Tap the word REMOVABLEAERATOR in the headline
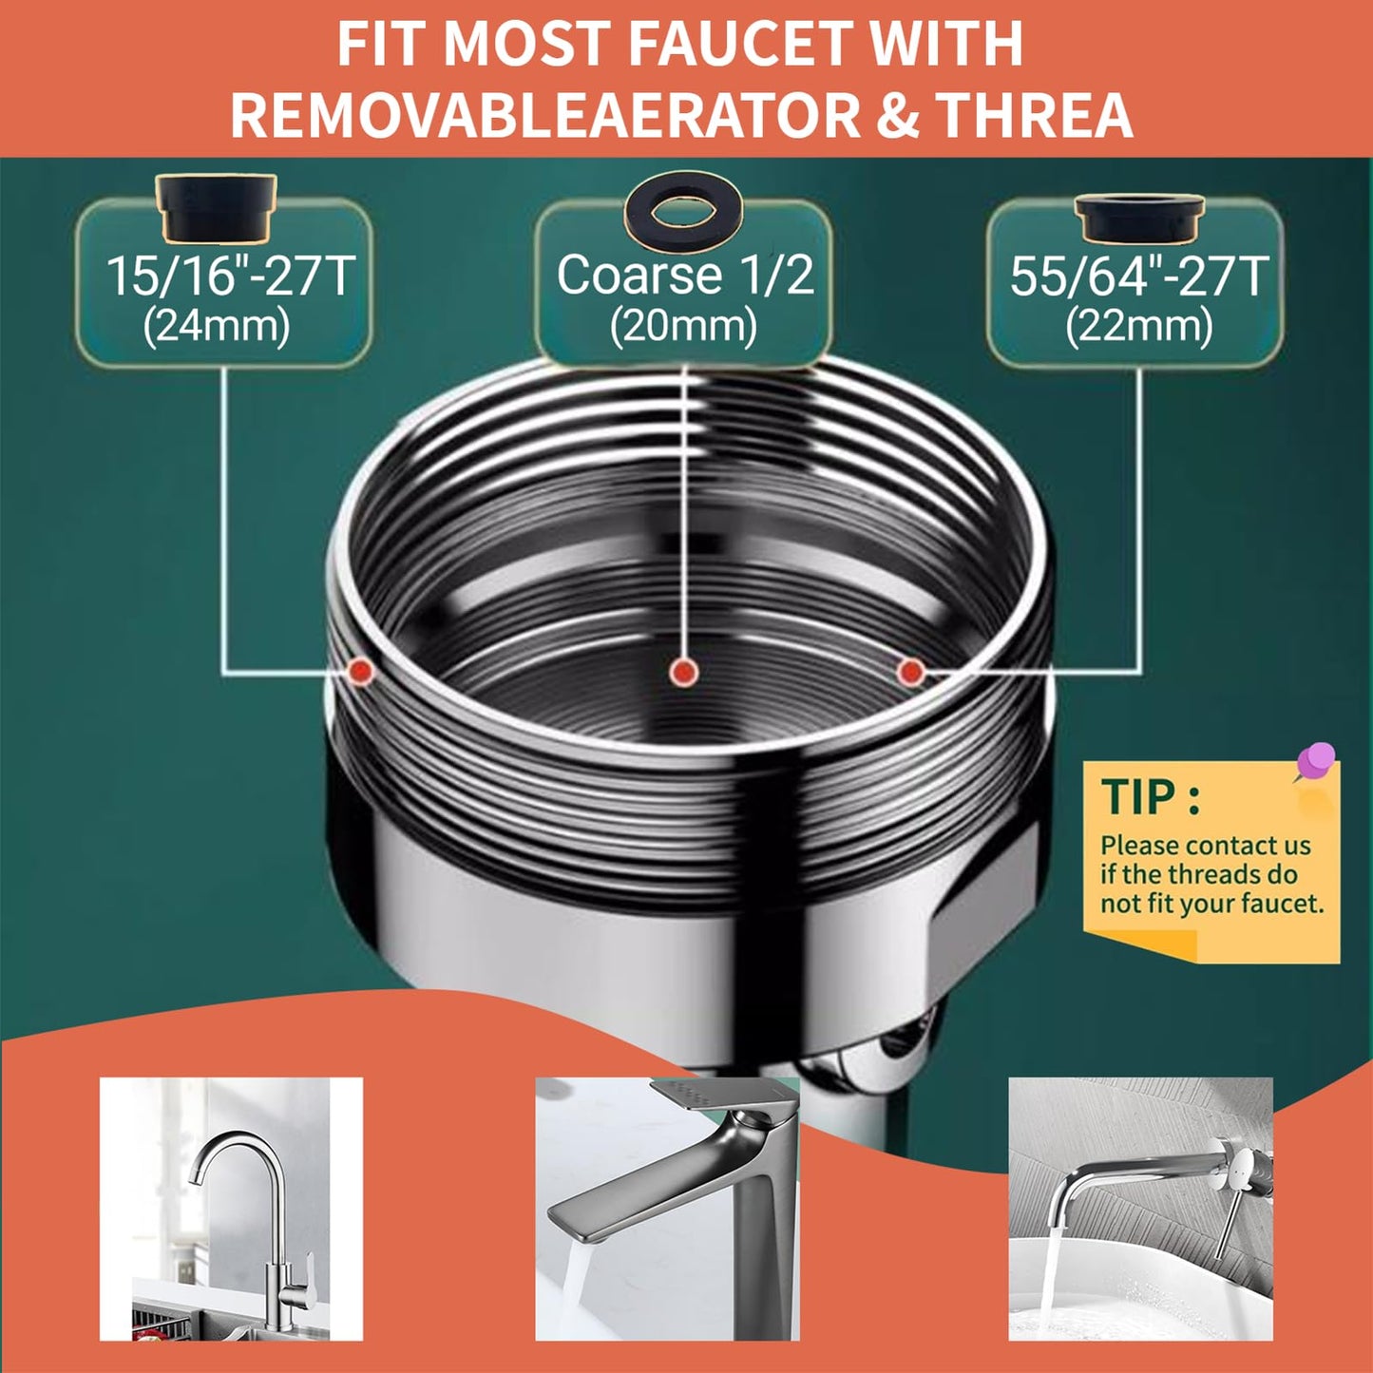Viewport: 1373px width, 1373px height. point(544,115)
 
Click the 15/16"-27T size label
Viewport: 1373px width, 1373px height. point(229,276)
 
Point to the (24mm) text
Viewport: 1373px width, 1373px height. point(217,326)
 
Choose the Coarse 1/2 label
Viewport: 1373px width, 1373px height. point(685,275)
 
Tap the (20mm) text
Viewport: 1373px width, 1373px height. point(683,326)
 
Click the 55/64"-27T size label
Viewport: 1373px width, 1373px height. point(1138,277)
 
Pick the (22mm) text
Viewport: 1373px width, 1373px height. point(1138,327)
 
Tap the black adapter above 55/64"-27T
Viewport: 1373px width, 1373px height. point(1139,219)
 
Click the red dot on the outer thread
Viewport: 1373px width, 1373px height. point(360,671)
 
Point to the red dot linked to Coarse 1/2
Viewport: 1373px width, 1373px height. point(682,673)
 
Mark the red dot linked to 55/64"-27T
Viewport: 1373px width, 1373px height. point(910,672)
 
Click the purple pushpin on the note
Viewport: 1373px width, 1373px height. point(1315,761)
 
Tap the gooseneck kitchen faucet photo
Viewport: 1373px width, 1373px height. point(231,1209)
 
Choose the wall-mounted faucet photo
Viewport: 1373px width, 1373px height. point(1140,1209)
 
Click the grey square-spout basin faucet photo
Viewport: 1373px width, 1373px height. point(667,1209)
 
